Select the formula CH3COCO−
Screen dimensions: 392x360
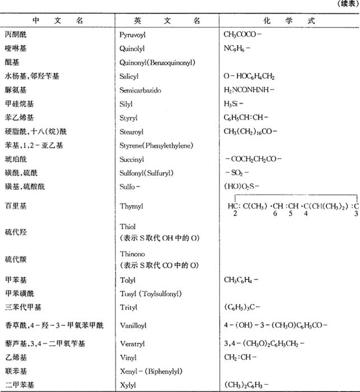[x=239, y=35]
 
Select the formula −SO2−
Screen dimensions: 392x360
[x=234, y=173]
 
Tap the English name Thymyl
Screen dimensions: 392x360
[x=132, y=206]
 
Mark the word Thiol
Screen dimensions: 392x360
[x=128, y=227]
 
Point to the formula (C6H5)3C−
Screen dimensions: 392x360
[x=242, y=307]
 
